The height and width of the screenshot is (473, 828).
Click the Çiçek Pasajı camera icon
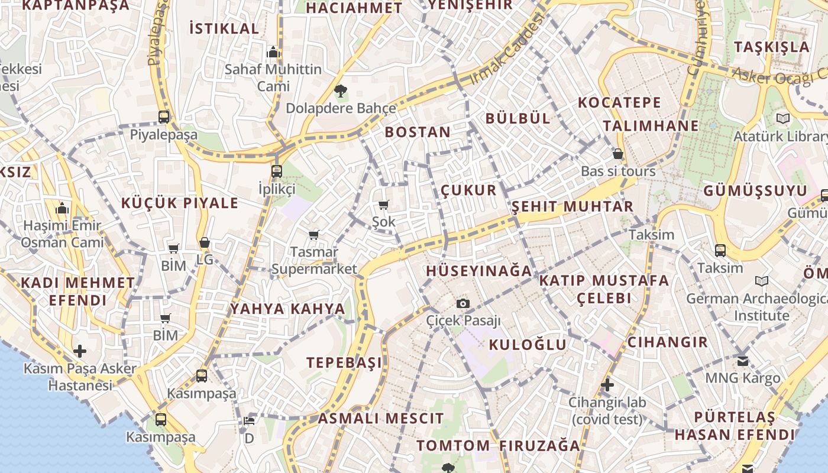[x=463, y=303]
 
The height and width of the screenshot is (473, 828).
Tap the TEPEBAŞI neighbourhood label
[x=344, y=362]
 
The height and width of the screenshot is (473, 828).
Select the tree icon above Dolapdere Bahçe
[x=340, y=91]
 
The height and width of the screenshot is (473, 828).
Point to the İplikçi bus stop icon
[x=276, y=171]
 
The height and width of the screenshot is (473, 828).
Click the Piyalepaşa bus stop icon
[x=164, y=117]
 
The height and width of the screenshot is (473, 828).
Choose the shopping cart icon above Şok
[x=384, y=205]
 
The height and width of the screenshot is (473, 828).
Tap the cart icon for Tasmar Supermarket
[x=314, y=235]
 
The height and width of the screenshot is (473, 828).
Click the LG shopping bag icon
[x=205, y=242]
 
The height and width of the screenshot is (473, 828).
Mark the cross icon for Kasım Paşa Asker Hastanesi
[x=80, y=351]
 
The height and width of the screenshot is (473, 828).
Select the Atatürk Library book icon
[x=783, y=119]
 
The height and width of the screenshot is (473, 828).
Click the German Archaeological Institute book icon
[x=762, y=281]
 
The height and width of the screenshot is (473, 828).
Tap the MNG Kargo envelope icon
[x=743, y=360]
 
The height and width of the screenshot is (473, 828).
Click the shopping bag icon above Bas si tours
[x=618, y=154]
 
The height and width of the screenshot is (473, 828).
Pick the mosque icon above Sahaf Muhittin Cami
[x=273, y=52]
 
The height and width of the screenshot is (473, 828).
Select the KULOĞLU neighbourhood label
[x=528, y=345]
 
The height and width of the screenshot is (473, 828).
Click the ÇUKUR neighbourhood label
[x=469, y=190]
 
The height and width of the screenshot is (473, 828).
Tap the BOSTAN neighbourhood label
[x=418, y=132]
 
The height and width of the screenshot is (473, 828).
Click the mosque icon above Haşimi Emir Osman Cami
[x=62, y=208]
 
